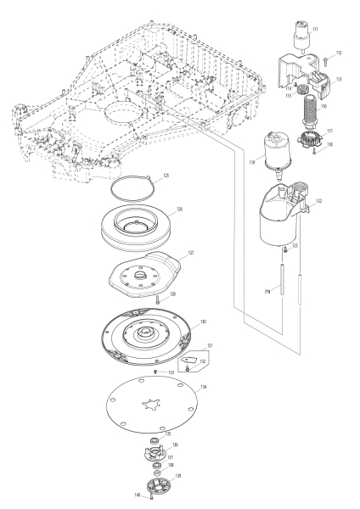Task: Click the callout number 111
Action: [x=316, y=29]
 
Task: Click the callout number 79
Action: [x=267, y=291]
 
